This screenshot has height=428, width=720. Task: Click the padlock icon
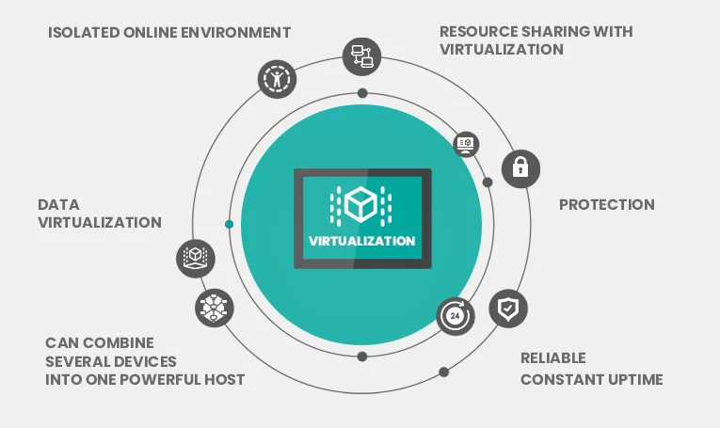[x=520, y=168]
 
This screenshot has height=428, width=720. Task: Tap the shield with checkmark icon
[x=508, y=308]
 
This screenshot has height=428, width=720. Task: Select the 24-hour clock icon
[x=456, y=316]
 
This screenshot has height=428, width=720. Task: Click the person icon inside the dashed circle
[x=277, y=78]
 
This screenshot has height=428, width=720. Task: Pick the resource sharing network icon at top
[x=361, y=56]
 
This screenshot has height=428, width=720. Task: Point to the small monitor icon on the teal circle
[x=467, y=144]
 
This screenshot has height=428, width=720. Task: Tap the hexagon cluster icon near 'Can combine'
[x=214, y=308]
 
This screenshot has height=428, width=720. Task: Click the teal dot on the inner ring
[x=230, y=224]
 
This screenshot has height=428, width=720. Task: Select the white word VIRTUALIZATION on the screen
[x=362, y=240]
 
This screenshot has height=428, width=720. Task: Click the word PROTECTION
[x=606, y=204]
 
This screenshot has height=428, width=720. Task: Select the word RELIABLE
[x=553, y=357]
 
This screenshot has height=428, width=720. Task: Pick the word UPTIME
[x=635, y=379]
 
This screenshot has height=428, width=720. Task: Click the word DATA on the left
[x=58, y=204]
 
